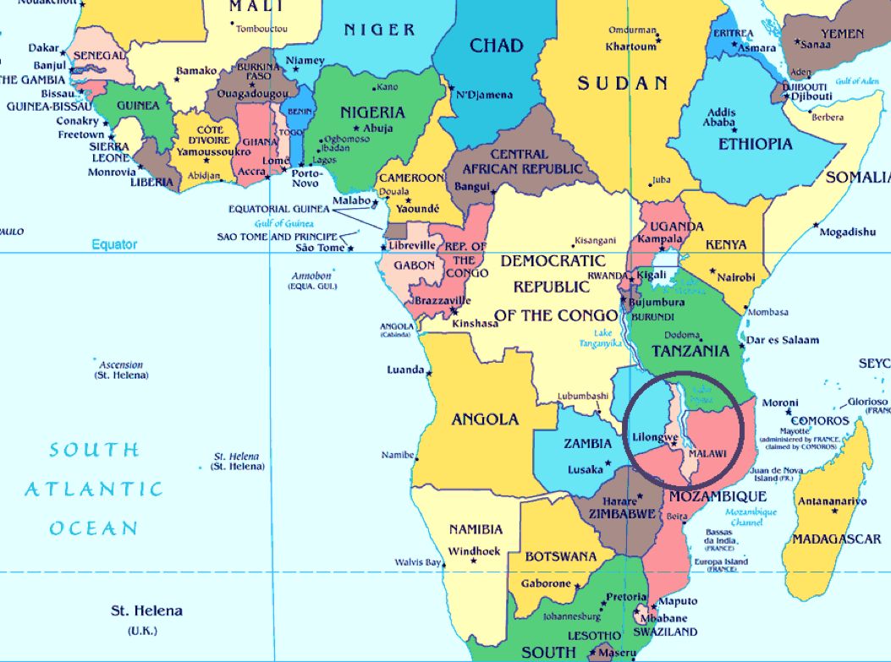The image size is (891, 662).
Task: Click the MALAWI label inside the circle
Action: tap(707, 454)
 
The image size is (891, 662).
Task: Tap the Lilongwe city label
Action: tap(655, 437)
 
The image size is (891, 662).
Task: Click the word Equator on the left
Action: tap(114, 244)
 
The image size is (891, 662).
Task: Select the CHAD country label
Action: tap(496, 45)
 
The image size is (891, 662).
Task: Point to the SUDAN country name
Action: tap(623, 83)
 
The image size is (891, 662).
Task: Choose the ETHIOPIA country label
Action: tap(756, 144)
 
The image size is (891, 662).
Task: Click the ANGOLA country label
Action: tap(485, 419)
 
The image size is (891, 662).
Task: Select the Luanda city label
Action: tap(404, 370)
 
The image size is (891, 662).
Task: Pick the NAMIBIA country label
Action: tap(476, 530)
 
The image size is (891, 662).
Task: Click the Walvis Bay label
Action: tap(418, 562)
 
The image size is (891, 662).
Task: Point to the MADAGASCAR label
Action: tap(837, 539)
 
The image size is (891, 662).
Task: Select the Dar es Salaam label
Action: tap(784, 340)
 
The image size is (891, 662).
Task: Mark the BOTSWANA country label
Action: tap(560, 557)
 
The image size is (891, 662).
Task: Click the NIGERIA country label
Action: tap(372, 112)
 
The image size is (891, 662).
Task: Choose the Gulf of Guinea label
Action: tap(283, 223)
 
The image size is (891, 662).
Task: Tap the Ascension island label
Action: tap(121, 365)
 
